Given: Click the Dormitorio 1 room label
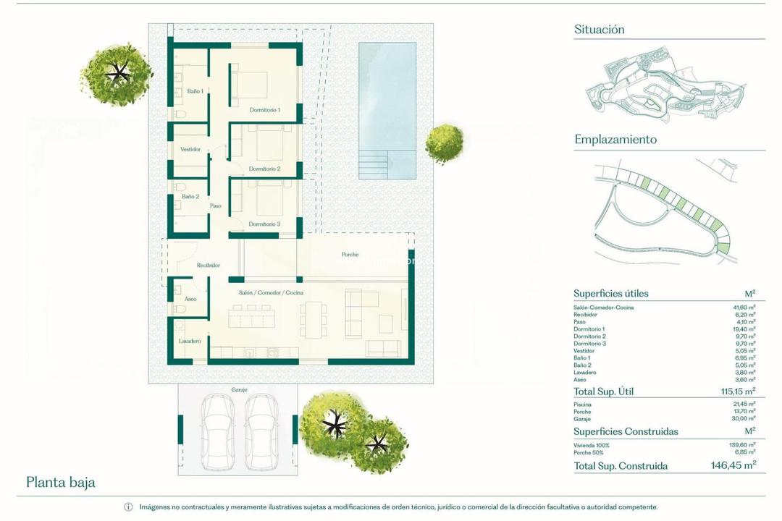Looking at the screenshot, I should click(264, 110).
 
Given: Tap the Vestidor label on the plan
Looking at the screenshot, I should click(190, 149).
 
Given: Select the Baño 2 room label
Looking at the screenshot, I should click(190, 196).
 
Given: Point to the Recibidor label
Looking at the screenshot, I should click(208, 266).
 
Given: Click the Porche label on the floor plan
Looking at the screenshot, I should click(350, 255).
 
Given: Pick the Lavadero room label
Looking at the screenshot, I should click(190, 341).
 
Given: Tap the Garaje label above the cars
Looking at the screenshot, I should click(239, 389).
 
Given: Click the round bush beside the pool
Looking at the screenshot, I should click(444, 144).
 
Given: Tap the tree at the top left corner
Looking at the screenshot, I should click(117, 73).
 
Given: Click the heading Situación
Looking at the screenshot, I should click(599, 30).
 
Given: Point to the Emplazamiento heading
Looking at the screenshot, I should click(615, 140).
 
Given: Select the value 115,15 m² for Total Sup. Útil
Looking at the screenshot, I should click(733, 391).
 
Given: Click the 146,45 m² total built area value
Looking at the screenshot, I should click(732, 466).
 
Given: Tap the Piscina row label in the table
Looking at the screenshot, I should click(583, 404).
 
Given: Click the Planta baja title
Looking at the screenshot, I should click(61, 482).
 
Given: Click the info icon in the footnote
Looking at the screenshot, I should click(128, 507).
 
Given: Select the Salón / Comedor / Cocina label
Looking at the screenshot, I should click(271, 292).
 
